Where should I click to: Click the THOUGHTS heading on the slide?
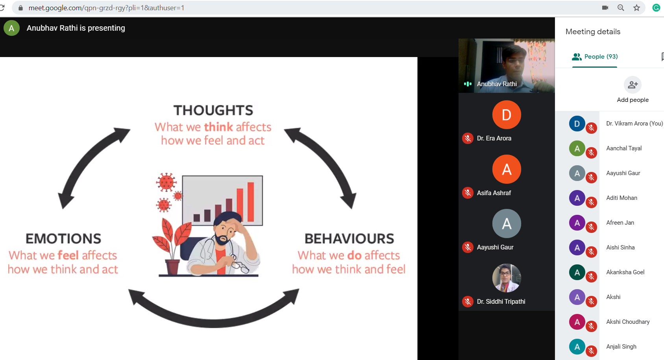click(213, 110)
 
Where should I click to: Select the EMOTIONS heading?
click(63, 238)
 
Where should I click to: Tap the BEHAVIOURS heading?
click(349, 238)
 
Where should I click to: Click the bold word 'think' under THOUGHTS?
click(218, 127)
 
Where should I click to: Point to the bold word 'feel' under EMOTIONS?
click(68, 255)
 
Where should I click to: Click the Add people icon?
click(633, 85)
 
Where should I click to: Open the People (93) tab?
click(595, 57)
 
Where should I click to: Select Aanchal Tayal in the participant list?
click(624, 148)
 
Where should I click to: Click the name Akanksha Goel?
click(625, 272)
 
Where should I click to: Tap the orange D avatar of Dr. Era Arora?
click(507, 114)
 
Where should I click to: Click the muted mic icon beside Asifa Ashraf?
click(468, 193)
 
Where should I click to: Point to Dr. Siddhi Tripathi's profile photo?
click(507, 278)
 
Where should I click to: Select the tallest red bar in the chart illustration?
click(250, 202)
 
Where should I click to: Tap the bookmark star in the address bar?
click(636, 8)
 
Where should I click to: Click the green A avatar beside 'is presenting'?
click(11, 28)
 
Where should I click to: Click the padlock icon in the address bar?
click(20, 8)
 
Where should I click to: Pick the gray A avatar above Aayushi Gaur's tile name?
click(507, 223)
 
